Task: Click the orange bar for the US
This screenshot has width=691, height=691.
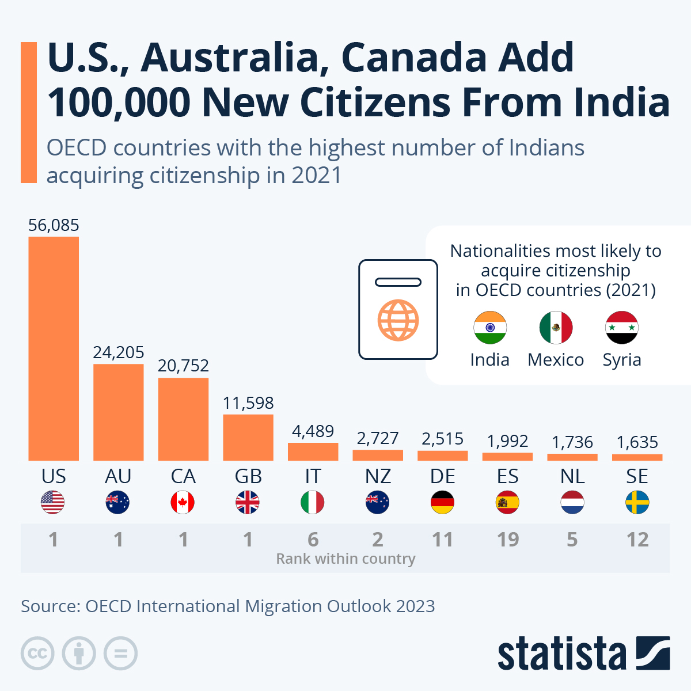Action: pos(54,348)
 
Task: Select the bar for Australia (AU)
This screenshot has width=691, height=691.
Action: pos(118,412)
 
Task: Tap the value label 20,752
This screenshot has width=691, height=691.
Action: pos(183,366)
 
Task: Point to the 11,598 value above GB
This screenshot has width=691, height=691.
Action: pos(248,403)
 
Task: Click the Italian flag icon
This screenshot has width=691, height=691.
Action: pos(313,503)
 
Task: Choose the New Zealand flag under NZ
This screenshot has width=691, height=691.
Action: pos(378,503)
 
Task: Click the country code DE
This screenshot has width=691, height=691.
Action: pos(442,476)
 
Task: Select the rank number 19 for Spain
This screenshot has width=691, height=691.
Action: pos(507,540)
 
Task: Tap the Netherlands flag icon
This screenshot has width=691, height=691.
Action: pos(572,503)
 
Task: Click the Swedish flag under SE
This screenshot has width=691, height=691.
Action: pos(637,503)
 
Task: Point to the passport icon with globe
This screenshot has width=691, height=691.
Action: pos(398,310)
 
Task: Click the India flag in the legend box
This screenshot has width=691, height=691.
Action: pos(490,328)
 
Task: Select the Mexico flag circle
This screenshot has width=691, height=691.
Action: pos(556,328)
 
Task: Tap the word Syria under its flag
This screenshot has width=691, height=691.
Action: pos(622,360)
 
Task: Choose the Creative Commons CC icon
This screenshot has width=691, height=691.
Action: pos(37,654)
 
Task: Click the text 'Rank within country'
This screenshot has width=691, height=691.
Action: pos(345,559)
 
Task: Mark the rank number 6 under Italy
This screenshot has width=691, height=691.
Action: pos(313,540)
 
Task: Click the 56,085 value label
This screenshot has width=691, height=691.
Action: pos(54,225)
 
